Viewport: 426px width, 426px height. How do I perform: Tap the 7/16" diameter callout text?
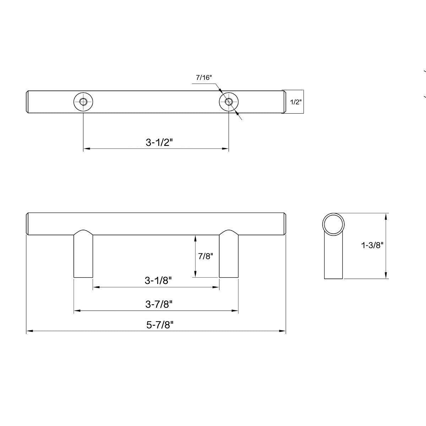(204, 78)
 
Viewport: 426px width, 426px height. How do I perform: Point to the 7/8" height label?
(205, 256)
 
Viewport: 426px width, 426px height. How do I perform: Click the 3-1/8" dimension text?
(158, 280)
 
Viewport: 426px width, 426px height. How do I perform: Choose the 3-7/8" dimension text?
(159, 304)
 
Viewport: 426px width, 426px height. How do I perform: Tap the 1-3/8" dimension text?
(372, 245)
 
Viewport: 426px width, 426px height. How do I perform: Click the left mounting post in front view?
(83, 256)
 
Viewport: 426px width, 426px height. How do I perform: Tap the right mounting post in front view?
(229, 256)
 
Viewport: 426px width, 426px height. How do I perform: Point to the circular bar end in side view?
(333, 224)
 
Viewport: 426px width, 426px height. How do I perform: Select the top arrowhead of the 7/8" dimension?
(195, 237)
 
